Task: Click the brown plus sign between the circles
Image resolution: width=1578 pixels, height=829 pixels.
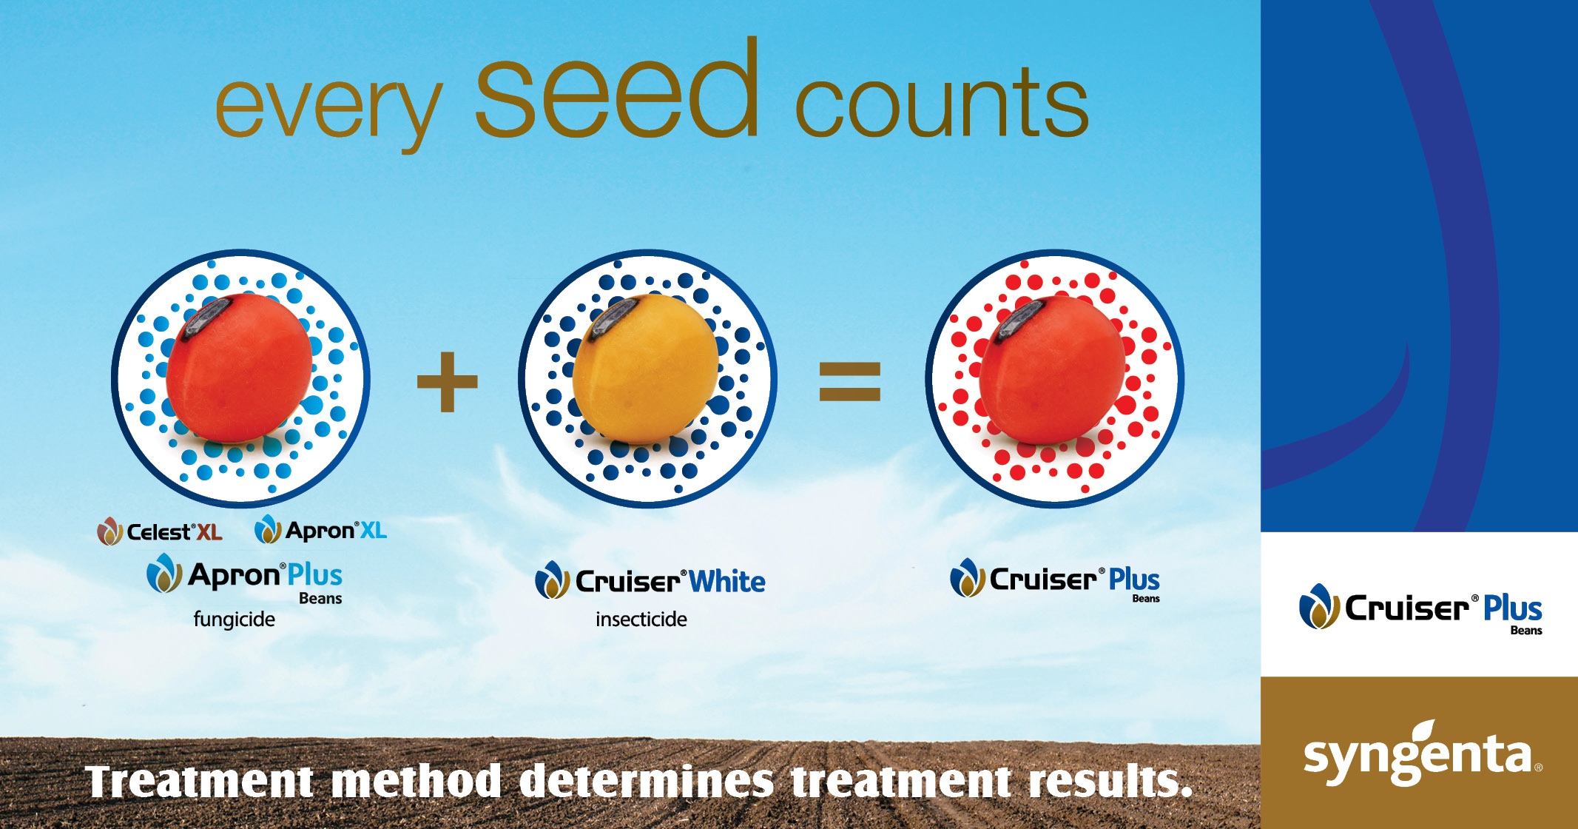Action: (447, 382)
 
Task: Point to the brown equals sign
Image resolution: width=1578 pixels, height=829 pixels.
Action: (849, 382)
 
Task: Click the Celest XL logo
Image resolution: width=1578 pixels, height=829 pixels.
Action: (160, 531)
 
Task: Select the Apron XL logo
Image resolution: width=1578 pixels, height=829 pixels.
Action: (320, 530)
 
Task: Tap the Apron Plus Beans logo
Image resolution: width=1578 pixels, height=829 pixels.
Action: (246, 577)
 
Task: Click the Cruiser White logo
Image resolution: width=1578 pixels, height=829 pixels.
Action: (650, 581)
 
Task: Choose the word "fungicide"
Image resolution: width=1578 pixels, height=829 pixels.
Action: (234, 620)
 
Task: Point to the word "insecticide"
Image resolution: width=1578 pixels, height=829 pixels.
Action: (641, 620)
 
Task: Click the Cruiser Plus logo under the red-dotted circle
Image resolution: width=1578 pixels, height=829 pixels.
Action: (1055, 580)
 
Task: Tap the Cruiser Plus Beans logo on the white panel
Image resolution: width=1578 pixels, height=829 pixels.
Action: (1420, 609)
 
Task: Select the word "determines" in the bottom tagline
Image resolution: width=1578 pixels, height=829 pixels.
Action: (646, 782)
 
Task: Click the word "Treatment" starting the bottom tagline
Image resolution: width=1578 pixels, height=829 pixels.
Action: (200, 782)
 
